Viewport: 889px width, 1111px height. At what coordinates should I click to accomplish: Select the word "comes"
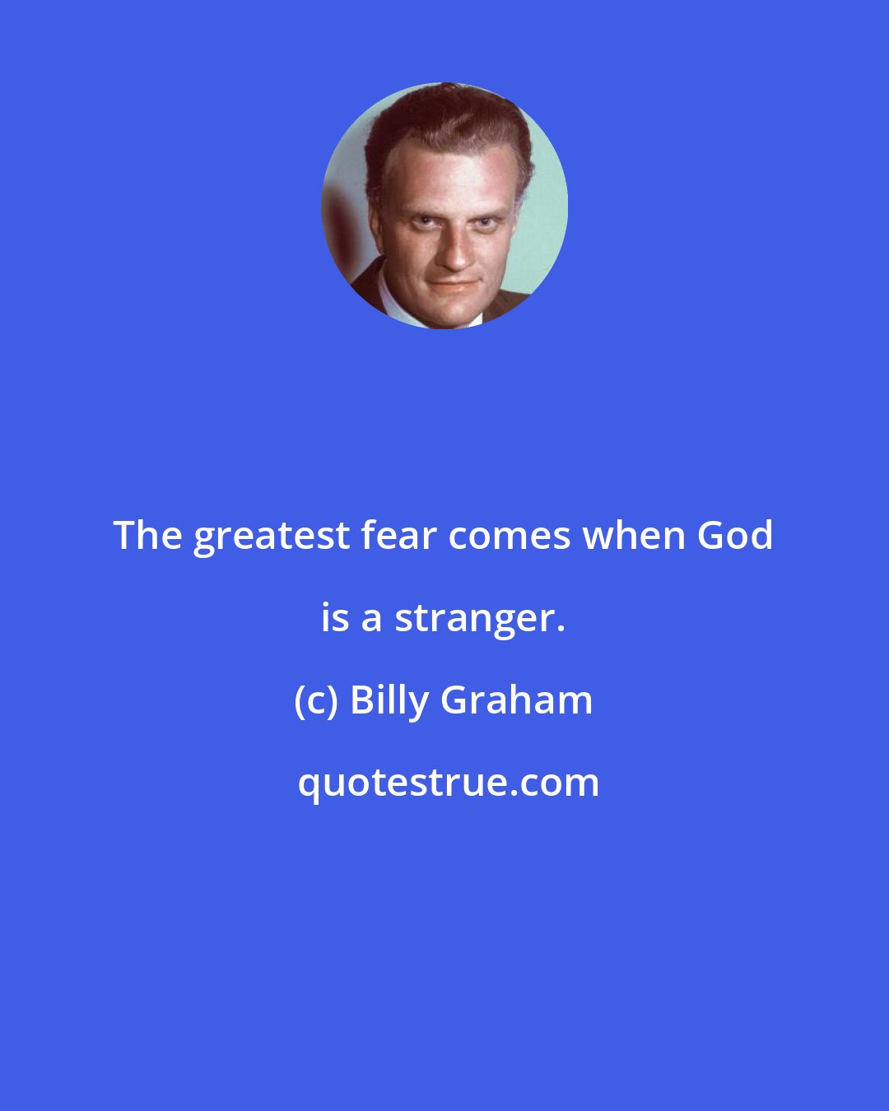[510, 537]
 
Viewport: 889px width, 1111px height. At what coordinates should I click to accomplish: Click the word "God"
[735, 535]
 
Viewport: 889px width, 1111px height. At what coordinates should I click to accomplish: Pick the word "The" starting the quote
[147, 535]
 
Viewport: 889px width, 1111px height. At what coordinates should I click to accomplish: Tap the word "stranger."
[479, 619]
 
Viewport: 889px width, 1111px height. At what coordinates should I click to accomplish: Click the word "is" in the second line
[335, 617]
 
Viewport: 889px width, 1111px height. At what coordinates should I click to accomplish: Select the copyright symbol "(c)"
[315, 701]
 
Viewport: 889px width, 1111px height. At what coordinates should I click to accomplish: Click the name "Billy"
[389, 701]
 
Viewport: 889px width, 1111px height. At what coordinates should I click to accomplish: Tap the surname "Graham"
[517, 700]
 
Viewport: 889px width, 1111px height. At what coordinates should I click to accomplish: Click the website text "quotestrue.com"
[449, 783]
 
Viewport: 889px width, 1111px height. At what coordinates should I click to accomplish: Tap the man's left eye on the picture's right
[485, 222]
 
